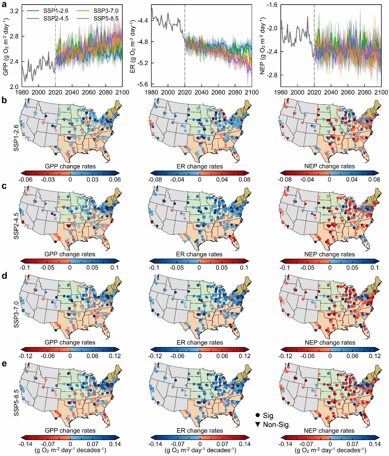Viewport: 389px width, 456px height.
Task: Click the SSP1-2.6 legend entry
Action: [55, 11]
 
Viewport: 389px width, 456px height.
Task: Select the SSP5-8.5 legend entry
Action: [106, 18]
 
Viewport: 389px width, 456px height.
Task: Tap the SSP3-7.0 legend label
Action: [106, 11]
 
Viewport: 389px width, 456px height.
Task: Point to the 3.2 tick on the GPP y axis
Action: [14, 11]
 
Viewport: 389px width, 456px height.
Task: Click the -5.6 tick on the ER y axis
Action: [142, 84]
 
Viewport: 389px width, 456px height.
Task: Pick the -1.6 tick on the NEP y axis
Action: [272, 5]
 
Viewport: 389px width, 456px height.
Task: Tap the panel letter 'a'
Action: [4, 5]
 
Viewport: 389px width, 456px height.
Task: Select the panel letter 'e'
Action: [4, 364]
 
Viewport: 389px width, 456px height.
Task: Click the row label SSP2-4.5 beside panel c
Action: [16, 226]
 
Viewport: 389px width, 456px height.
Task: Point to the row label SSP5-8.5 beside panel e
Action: [16, 403]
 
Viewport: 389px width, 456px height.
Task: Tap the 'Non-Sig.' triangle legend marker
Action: [258, 425]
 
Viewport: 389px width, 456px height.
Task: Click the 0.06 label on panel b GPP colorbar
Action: [115, 180]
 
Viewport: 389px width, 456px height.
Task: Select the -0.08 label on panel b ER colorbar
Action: [155, 180]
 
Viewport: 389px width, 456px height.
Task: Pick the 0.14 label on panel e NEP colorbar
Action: [375, 444]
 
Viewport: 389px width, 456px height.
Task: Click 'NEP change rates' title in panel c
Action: [330, 254]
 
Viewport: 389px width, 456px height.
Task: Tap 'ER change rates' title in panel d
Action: [200, 342]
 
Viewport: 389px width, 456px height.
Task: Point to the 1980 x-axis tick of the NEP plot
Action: [281, 92]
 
